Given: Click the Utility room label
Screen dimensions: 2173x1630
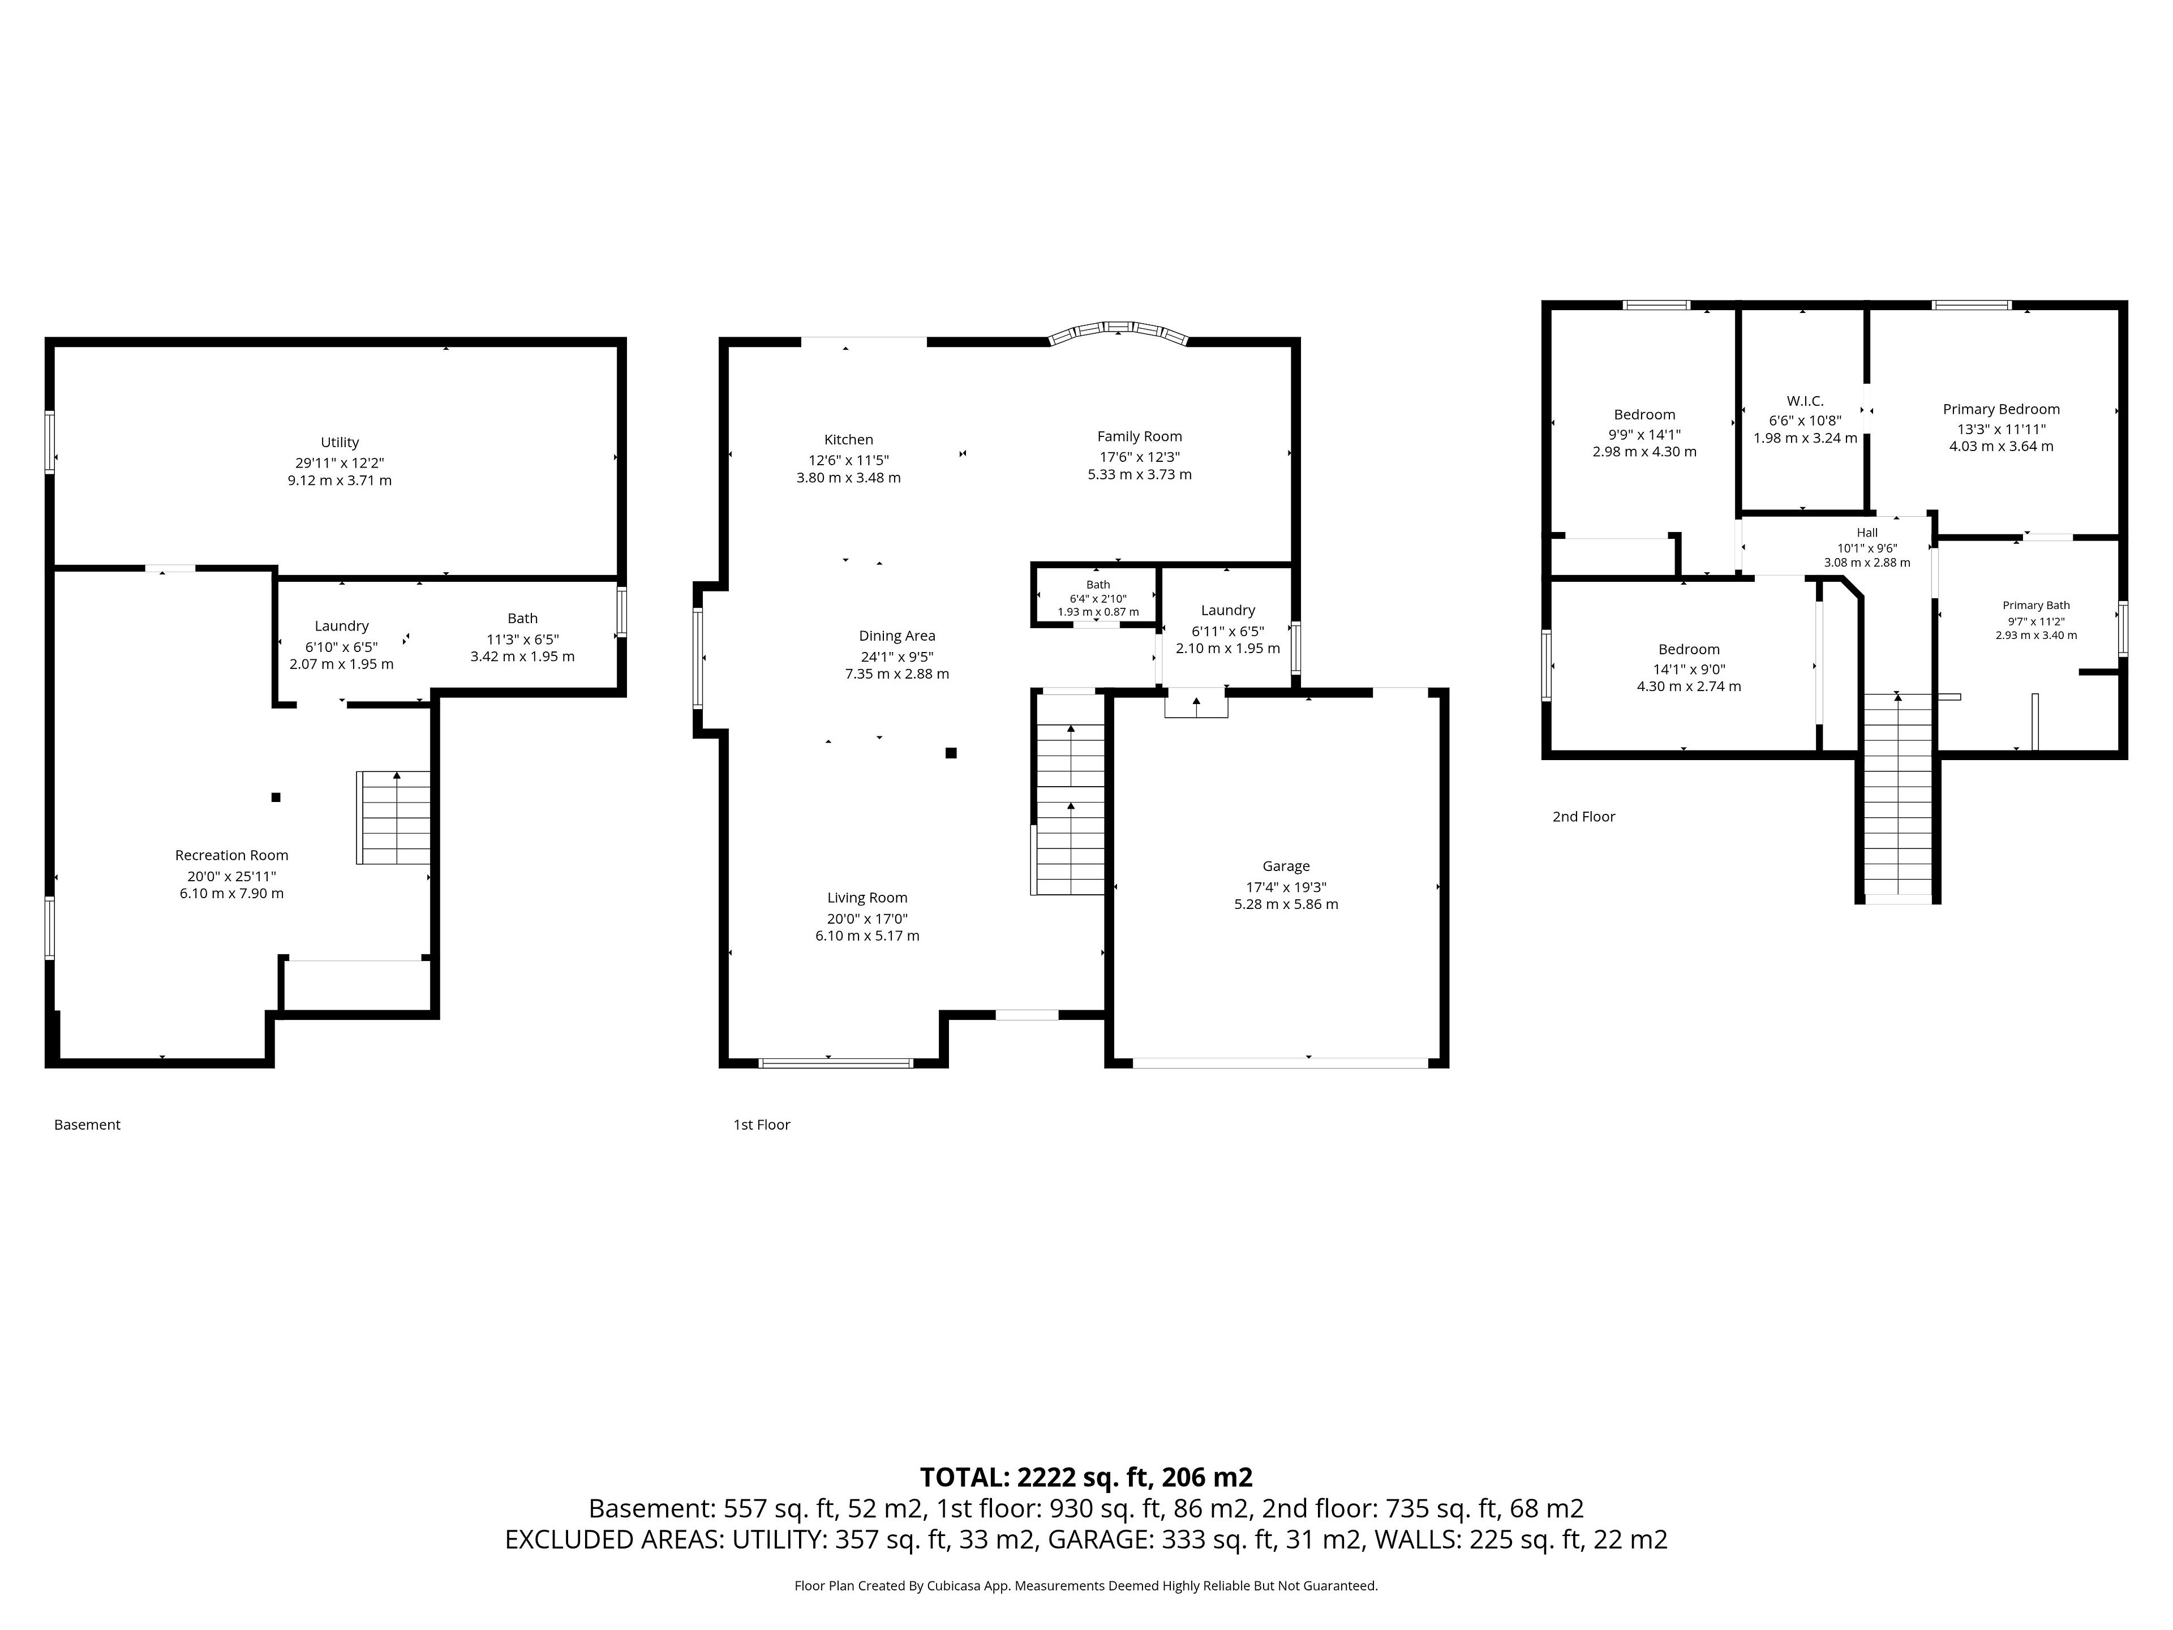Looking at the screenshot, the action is [x=340, y=442].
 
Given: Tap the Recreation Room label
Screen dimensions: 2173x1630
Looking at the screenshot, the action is [x=232, y=855].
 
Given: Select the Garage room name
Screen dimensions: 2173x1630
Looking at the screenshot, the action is [x=1286, y=865].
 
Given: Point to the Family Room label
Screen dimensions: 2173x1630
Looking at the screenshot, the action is [x=1140, y=436].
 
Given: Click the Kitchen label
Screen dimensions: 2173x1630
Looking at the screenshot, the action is [x=849, y=439].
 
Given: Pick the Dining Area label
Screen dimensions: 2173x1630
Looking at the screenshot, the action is [x=897, y=636].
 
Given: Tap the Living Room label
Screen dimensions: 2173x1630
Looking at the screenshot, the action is [x=868, y=897].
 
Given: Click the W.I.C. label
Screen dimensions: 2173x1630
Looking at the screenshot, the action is [x=1805, y=401].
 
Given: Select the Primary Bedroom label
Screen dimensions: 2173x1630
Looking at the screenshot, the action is [x=2001, y=409].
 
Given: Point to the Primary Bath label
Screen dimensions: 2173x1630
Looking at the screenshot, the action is [x=2037, y=605].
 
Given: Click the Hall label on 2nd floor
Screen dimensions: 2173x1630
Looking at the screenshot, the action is [x=1867, y=533].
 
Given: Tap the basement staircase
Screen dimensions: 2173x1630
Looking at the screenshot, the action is [x=394, y=817].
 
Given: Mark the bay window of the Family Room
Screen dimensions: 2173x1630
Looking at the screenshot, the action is [x=1118, y=328].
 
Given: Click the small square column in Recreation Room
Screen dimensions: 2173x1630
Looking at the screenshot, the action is [x=276, y=797].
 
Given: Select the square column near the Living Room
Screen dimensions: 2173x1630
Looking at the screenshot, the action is [x=951, y=753].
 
